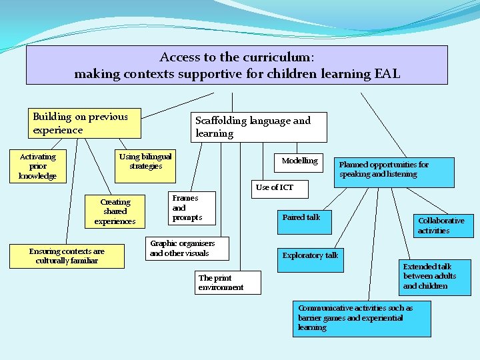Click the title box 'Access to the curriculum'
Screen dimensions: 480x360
coord(237,65)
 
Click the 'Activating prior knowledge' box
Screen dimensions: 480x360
coord(38,167)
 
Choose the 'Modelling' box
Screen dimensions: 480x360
coord(300,161)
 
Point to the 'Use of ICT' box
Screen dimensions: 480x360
coord(275,187)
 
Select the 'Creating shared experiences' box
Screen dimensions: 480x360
coord(115,211)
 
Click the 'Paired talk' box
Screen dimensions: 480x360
coord(304,221)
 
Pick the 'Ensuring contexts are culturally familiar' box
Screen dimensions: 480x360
coord(67,256)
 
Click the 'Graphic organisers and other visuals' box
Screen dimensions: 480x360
coord(187,249)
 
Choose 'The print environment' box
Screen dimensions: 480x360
coord(227,283)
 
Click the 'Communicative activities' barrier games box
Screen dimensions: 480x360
coord(361,318)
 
